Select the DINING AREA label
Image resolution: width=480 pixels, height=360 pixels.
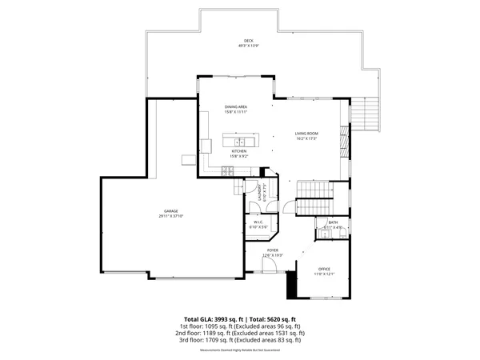pyautogui.click(x=237, y=106)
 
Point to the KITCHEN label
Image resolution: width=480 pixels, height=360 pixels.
pyautogui.click(x=239, y=151)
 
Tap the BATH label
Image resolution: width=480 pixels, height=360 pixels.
pyautogui.click(x=333, y=222)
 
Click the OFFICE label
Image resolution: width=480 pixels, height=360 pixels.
pyautogui.click(x=324, y=269)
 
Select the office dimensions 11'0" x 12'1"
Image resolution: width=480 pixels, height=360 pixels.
pyautogui.click(x=324, y=274)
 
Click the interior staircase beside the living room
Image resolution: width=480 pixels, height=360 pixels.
pyautogui.click(x=314, y=190)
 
